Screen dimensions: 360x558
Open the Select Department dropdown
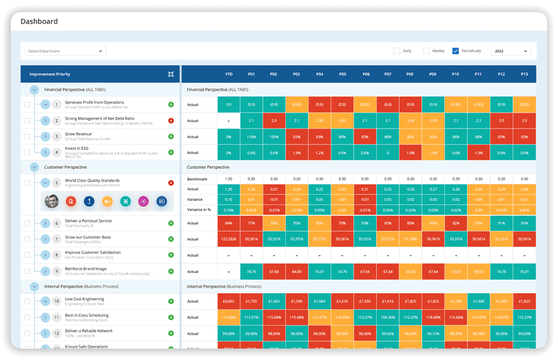pos(65,51)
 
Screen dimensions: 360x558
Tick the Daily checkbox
pos(397,51)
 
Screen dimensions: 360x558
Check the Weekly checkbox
pos(426,51)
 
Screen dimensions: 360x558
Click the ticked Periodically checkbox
pos(455,51)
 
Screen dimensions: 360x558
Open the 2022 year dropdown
pos(510,51)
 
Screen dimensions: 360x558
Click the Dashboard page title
pos(39,22)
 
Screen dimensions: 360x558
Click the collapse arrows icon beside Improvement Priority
pos(171,74)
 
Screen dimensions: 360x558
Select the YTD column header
pos(229,74)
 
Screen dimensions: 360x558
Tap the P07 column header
pos(388,74)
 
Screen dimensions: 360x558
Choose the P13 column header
pos(524,74)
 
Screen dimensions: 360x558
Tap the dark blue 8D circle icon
pos(161,201)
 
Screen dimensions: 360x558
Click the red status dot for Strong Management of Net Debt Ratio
pos(171,120)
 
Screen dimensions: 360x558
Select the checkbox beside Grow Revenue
pos(27,137)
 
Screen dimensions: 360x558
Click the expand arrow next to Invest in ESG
pos(45,152)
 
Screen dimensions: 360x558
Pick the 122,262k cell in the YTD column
pos(229,239)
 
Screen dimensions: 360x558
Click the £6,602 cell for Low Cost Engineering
pos(229,301)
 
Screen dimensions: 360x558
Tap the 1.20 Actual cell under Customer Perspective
pos(229,189)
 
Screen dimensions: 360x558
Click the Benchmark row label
pos(197,179)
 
